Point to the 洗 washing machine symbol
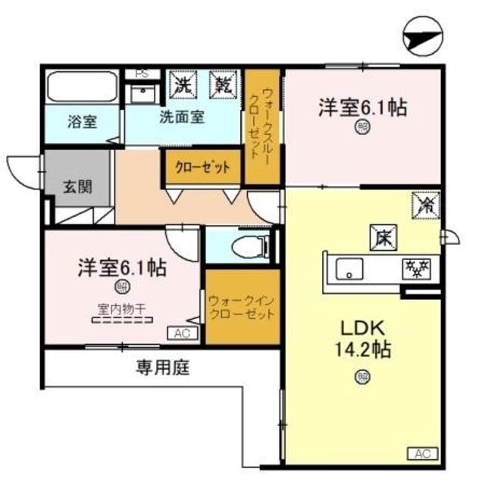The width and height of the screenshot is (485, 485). click(182, 83)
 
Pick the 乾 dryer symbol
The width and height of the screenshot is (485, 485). click(223, 83)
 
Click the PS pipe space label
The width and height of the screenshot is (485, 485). click(141, 74)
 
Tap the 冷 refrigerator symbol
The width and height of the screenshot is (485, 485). click(423, 204)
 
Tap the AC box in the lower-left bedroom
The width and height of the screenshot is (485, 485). click(183, 333)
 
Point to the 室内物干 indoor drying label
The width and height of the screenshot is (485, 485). click(121, 308)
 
